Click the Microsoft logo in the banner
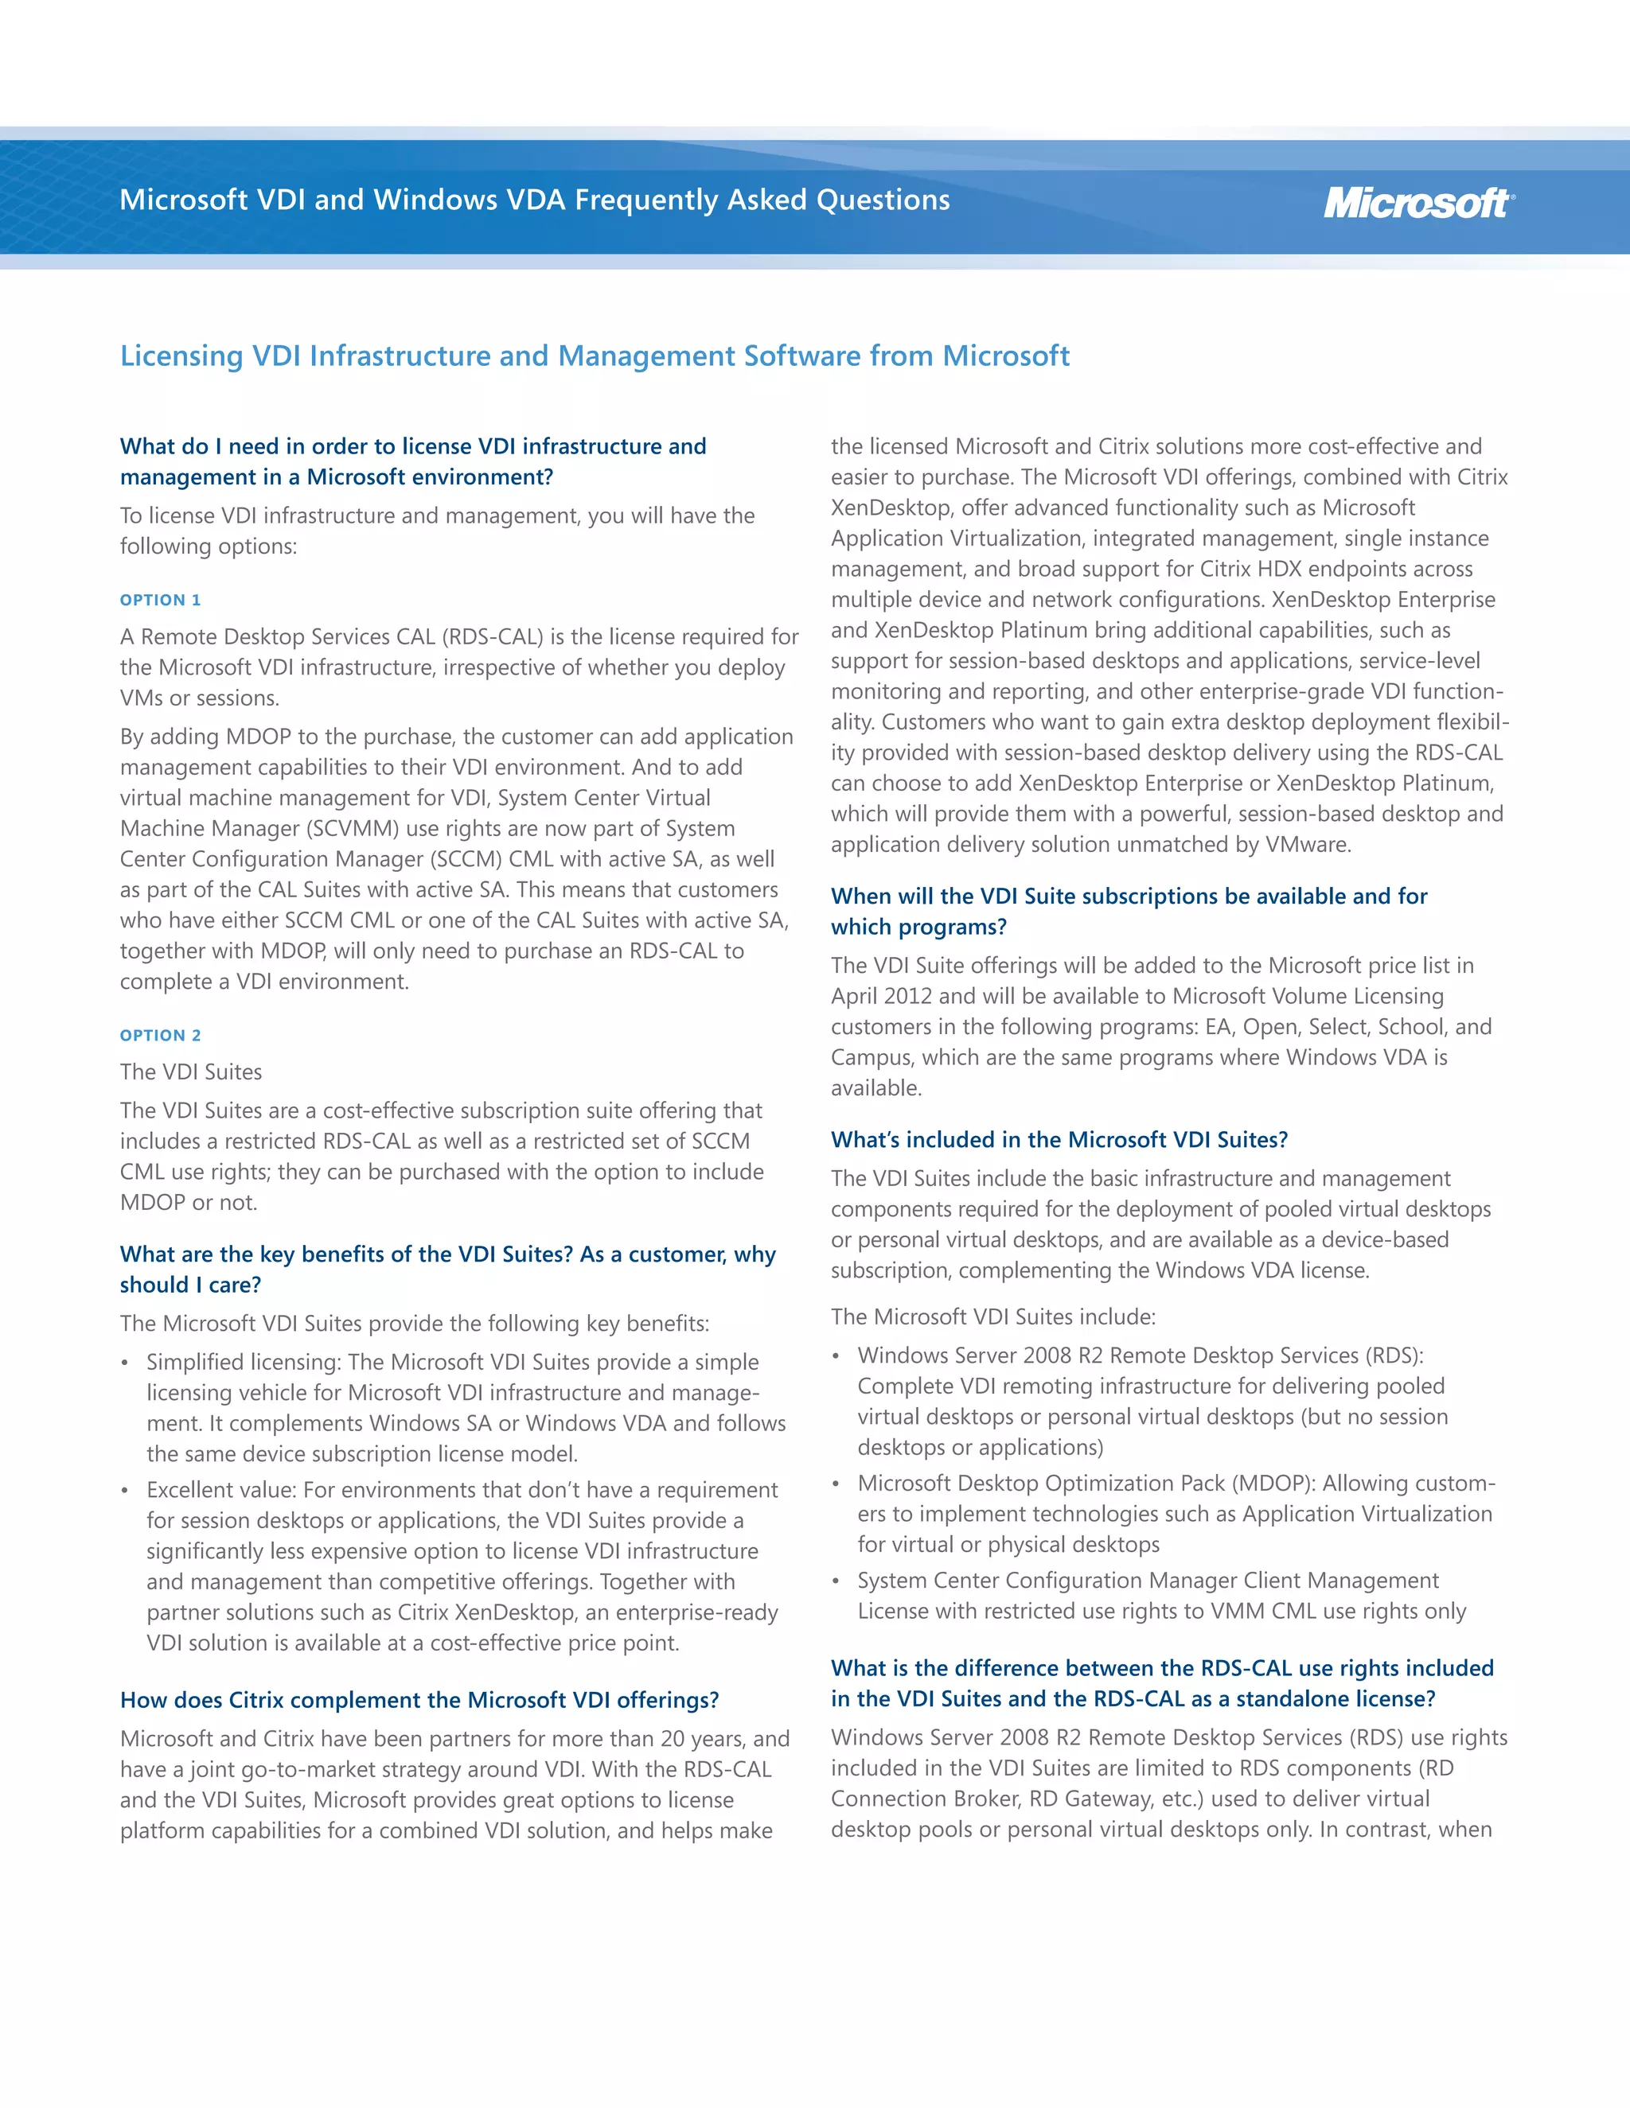tap(1417, 203)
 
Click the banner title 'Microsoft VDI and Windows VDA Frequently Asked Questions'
tap(534, 200)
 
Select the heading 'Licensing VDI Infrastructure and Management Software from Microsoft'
tap(594, 356)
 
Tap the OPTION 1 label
tap(160, 601)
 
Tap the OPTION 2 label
tap(160, 1036)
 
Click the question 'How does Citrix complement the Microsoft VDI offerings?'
tap(419, 1700)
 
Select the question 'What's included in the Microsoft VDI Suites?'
tap(1059, 1140)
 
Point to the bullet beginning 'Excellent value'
tap(462, 1565)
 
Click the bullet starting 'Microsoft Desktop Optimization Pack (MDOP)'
tap(1174, 1514)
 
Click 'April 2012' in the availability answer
tap(881, 996)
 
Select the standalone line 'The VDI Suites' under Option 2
tap(190, 1072)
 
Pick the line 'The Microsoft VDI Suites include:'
tap(992, 1317)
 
